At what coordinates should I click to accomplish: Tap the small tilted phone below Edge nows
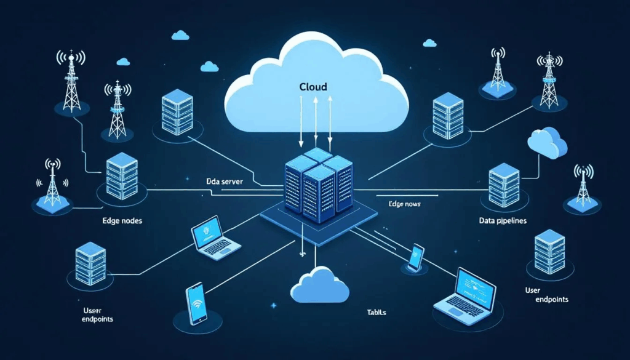[x=415, y=257]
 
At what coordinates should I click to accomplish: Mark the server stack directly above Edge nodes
[x=121, y=175]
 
